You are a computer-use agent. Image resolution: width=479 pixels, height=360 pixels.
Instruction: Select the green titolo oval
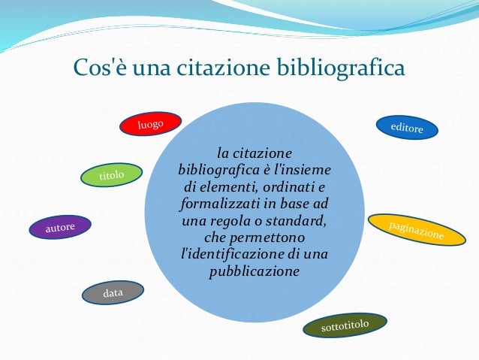pos(111,175)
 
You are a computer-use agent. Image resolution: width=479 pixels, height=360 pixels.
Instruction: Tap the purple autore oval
pos(60,226)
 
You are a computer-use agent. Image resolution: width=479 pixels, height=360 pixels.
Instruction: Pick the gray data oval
pos(113,292)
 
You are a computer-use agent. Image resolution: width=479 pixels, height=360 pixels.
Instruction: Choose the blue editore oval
pos(407,127)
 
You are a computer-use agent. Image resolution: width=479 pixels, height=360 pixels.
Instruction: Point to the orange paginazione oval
pos(416,230)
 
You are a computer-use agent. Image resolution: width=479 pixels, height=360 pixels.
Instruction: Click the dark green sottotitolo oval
pos(345,326)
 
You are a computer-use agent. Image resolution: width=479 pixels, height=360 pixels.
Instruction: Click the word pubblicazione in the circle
pos(254,271)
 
